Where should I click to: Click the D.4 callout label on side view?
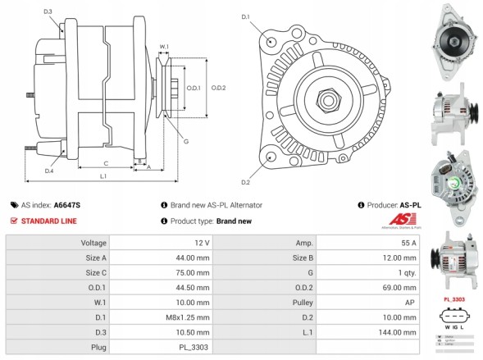tap(49, 171)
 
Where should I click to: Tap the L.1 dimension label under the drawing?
tap(103, 176)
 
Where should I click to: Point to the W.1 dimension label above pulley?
tap(164, 46)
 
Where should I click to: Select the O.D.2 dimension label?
tap(218, 88)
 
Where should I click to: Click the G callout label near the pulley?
tap(186, 142)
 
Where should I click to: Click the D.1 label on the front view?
tap(245, 16)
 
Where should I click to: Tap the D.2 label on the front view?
tap(245, 181)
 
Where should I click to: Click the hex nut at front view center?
tap(328, 100)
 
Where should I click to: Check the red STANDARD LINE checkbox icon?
tap(14, 221)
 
